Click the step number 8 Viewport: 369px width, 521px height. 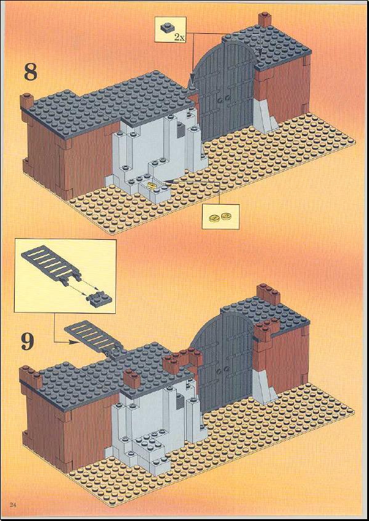pyautogui.click(x=31, y=73)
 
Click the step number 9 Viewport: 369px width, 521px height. pyautogui.click(x=28, y=341)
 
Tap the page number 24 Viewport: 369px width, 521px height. pyautogui.click(x=13, y=505)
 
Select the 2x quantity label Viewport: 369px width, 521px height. pyautogui.click(x=179, y=37)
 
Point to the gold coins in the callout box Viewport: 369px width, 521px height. pyautogui.click(x=221, y=217)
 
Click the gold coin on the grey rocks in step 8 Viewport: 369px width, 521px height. pyautogui.click(x=152, y=185)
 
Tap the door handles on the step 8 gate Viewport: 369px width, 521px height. pyautogui.click(x=224, y=99)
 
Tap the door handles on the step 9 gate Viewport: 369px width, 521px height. pyautogui.click(x=222, y=369)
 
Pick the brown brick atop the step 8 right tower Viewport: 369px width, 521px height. pyautogui.click(x=265, y=20)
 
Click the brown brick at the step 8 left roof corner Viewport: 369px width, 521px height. pyautogui.click(x=26, y=102)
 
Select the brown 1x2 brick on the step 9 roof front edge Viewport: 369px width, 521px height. pyautogui.click(x=132, y=378)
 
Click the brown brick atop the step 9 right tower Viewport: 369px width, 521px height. pyautogui.click(x=268, y=293)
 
